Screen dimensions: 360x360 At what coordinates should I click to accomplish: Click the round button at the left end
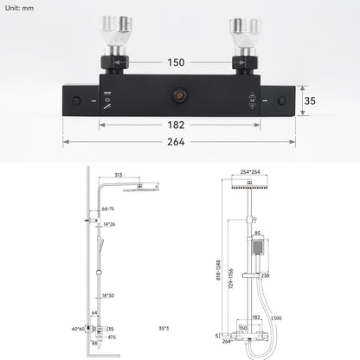pyautogui.click(x=79, y=100)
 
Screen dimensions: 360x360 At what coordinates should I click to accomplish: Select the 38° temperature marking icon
pyautogui.click(x=252, y=100)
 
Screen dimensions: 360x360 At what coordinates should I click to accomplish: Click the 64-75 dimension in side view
pyautogui.click(x=108, y=209)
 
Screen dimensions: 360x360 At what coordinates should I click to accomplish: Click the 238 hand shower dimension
pyautogui.click(x=265, y=275)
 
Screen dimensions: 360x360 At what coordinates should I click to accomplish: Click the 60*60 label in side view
pyautogui.click(x=76, y=329)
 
